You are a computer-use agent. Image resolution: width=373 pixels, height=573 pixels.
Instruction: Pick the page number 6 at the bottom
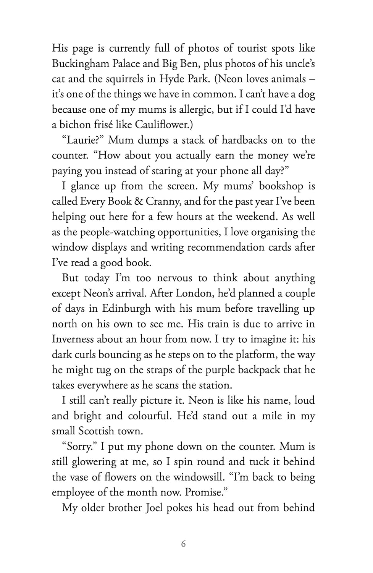coord(184,544)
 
